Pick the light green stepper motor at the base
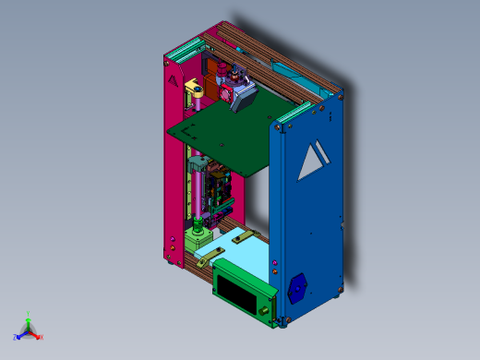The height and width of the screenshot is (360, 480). coord(198,242)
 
